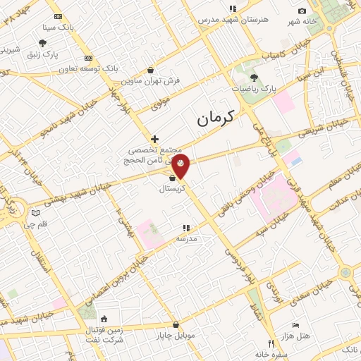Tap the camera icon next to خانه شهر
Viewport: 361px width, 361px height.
[x=302, y=11]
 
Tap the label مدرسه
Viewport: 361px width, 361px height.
[x=186, y=239]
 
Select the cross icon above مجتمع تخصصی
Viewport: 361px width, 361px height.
[x=154, y=139]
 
